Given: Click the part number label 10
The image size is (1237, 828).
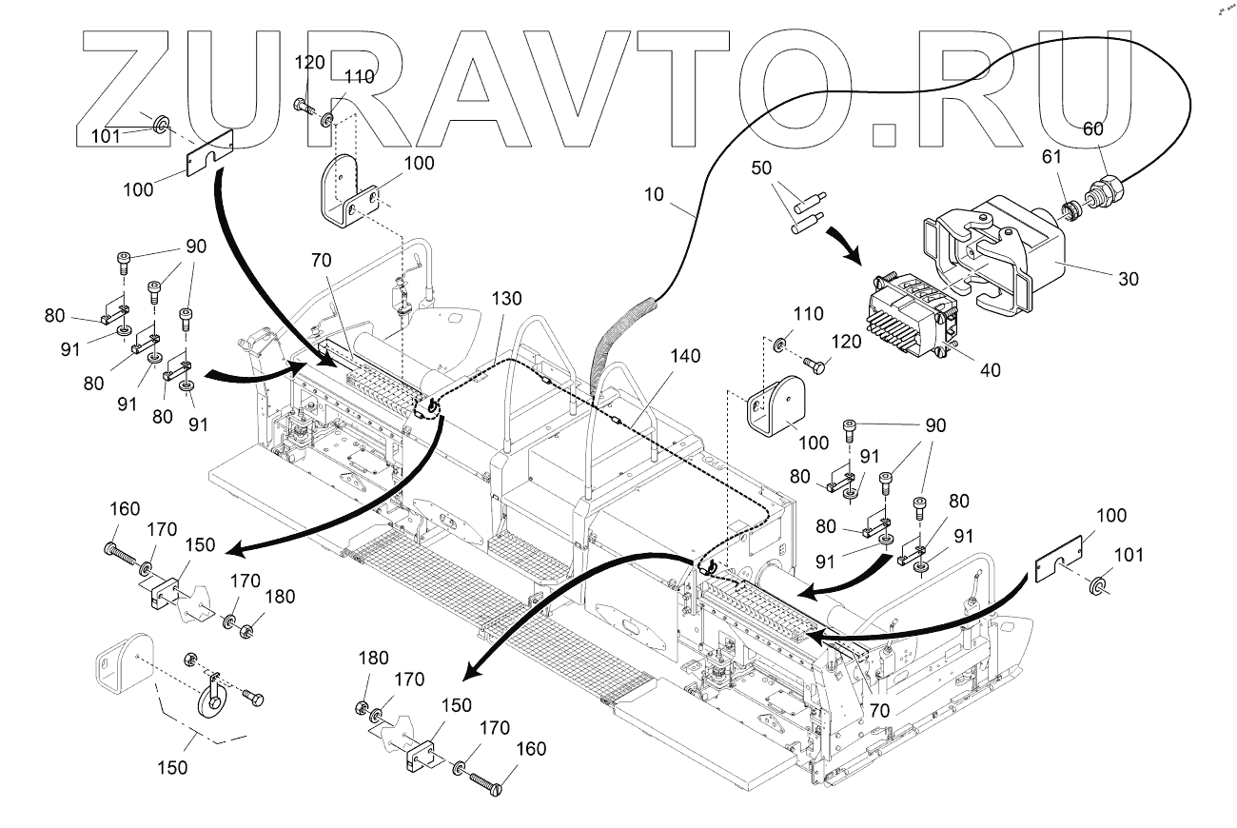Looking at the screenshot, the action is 654,194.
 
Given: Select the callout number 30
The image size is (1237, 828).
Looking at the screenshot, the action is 1129,279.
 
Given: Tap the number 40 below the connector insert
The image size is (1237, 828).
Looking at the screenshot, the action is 991,369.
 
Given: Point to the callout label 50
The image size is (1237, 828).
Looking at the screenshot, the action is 761,168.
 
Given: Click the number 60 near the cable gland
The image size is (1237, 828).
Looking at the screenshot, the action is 1093,128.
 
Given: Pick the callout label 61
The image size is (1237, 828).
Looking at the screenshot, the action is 1051,157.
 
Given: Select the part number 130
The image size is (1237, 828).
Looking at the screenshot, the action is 506,298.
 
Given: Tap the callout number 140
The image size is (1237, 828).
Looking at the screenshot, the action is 685,356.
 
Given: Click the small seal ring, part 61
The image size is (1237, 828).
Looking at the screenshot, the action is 1070,210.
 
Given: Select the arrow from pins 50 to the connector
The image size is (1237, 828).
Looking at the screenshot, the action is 844,244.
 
